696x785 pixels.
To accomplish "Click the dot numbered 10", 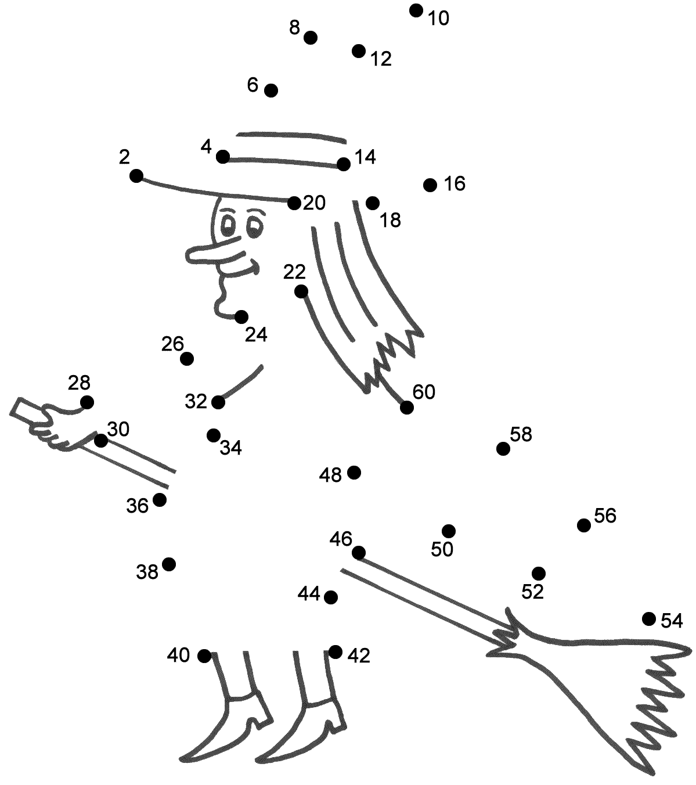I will pyautogui.click(x=416, y=10).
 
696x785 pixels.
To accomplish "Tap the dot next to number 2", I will pyautogui.click(x=136, y=175).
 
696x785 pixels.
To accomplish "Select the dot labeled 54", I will pyautogui.click(x=649, y=618).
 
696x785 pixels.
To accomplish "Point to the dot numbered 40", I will pyautogui.click(x=204, y=656).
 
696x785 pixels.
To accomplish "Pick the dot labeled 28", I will pyautogui.click(x=87, y=402).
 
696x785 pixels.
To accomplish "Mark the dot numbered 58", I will pyautogui.click(x=503, y=448).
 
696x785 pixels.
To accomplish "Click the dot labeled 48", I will pyautogui.click(x=354, y=473).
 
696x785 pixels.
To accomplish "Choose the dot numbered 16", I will pyautogui.click(x=430, y=185).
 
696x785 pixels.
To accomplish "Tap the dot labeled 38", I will pyautogui.click(x=169, y=564).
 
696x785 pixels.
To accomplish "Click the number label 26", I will pyautogui.click(x=173, y=344).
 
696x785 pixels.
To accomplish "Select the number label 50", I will pyautogui.click(x=442, y=549).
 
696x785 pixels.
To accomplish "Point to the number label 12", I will pyautogui.click(x=381, y=59).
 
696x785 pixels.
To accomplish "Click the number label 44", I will pyautogui.click(x=309, y=593).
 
